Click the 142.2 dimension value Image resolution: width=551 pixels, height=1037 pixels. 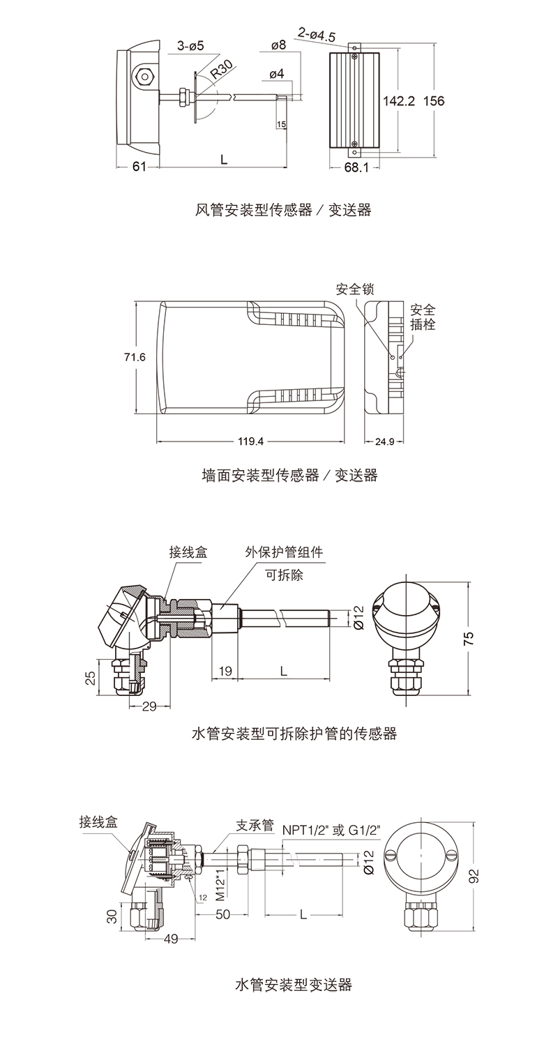point(399,101)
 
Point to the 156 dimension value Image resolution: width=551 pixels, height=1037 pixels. point(434,101)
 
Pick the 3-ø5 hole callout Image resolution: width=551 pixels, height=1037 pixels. point(190,46)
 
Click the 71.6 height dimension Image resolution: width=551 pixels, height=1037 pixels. point(135,357)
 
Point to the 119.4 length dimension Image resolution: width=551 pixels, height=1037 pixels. point(250,441)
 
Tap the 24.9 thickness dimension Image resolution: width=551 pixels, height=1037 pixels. point(385,441)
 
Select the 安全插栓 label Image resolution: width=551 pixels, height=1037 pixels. point(423,317)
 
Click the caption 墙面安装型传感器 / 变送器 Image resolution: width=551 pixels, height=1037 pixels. point(289,475)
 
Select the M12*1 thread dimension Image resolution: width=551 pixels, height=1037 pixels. point(220,884)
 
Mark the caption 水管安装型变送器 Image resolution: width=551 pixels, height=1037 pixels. point(294,985)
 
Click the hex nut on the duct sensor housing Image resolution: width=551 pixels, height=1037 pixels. point(145,75)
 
